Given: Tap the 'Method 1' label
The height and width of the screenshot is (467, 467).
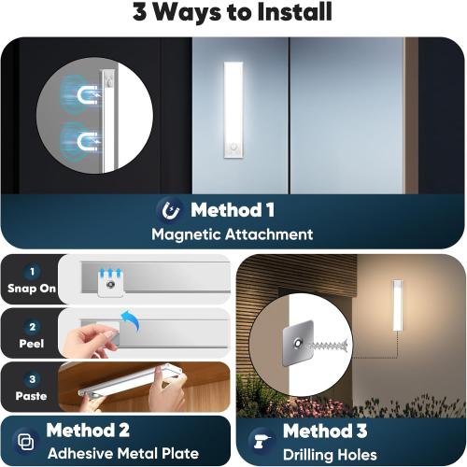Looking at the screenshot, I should click(232, 209).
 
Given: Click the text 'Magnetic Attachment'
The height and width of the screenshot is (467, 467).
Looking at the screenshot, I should click(232, 234).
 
